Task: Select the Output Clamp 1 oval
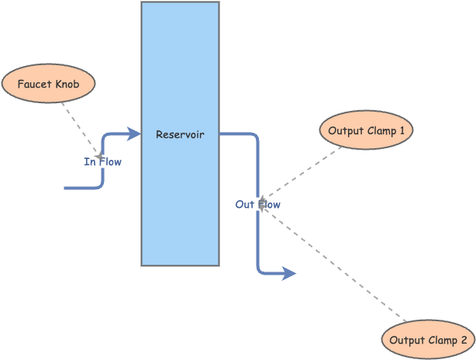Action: click(366, 130)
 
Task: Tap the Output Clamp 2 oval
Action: click(428, 341)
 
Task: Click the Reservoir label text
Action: click(180, 134)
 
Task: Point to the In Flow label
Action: click(102, 162)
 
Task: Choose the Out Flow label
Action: click(258, 205)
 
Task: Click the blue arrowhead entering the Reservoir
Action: click(135, 134)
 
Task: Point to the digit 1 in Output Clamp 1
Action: click(402, 130)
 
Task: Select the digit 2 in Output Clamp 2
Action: click(464, 341)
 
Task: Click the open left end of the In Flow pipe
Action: click(66, 188)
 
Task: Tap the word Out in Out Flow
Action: click(245, 205)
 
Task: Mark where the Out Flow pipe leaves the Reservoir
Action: click(221, 134)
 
